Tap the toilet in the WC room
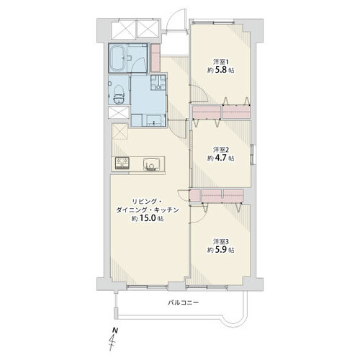[x=118, y=94]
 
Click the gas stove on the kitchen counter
[x=122, y=163]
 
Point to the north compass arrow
[x=112, y=341]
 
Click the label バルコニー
[x=183, y=302]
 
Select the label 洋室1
[x=221, y=62]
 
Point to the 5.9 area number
[x=221, y=250]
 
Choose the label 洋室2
[x=221, y=150]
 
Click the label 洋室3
[x=221, y=241]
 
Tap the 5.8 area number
[x=221, y=71]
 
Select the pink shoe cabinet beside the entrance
[x=156, y=58]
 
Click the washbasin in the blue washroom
[x=153, y=120]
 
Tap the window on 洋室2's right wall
[x=253, y=154]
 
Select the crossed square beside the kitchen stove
[x=120, y=132]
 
